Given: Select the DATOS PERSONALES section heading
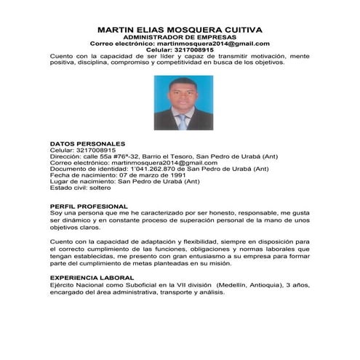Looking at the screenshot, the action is pyautogui.click(x=87, y=143).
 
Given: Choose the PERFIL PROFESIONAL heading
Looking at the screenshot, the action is pyautogui.click(x=88, y=206).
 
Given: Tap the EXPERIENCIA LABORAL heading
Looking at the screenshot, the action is pyautogui.click(x=91, y=278).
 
